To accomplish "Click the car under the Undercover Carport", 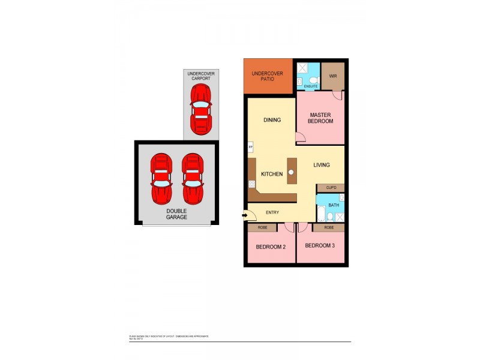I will pos(200,110).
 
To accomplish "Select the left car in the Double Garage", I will pos(162,178).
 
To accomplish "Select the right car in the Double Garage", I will pos(193,178).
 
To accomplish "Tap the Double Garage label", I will pos(176,214).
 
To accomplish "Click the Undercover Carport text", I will pos(201,76).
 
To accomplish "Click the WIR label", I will pos(334,77).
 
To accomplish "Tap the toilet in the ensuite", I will pos(314,79).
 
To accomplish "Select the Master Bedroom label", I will pos(321,118).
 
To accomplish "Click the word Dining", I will pos(273,120).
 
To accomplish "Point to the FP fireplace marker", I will pos(250,147).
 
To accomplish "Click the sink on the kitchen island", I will pos(292,172).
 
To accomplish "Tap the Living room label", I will pos(321,165).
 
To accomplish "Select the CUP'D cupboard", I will pos(331,188).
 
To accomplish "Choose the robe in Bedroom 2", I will pos(262,228).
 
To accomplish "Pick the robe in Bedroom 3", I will pos(329,228).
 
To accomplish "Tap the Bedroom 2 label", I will pos(271,246).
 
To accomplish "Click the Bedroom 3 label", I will pos(320,245).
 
